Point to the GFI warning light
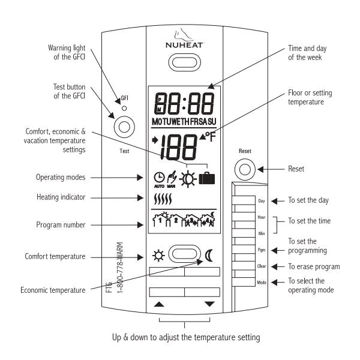point(124,108)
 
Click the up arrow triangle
point(158,304)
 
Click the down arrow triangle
point(209,304)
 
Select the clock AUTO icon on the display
point(160,178)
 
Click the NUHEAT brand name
point(184,44)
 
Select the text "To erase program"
point(314,266)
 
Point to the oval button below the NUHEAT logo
point(184,62)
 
